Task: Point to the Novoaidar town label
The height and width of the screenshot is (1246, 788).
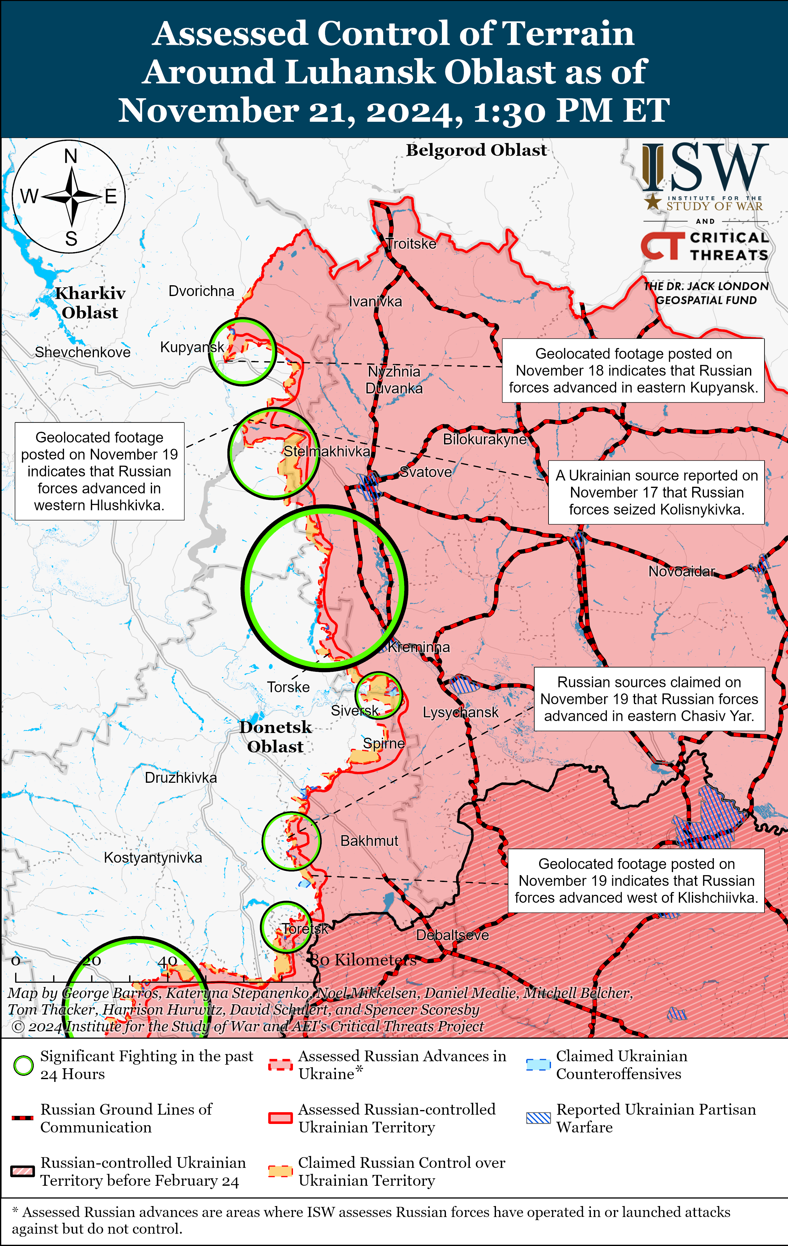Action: pos(681,571)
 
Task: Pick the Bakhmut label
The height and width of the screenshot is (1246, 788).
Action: pos(369,841)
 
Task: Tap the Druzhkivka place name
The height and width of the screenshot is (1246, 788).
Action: pos(180,778)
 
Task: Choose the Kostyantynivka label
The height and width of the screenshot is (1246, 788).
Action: pos(153,858)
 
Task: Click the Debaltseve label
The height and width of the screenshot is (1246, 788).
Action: pos(452,935)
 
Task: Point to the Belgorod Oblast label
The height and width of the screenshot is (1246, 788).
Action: pos(476,150)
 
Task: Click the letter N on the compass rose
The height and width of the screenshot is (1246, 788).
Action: pos(71,156)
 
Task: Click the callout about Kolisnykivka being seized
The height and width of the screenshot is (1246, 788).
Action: pos(656,492)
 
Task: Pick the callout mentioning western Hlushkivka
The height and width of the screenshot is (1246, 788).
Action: pos(99,471)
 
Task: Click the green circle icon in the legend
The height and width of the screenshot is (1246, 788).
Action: pos(23,1066)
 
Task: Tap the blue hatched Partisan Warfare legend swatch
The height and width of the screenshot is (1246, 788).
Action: pos(538,1118)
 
